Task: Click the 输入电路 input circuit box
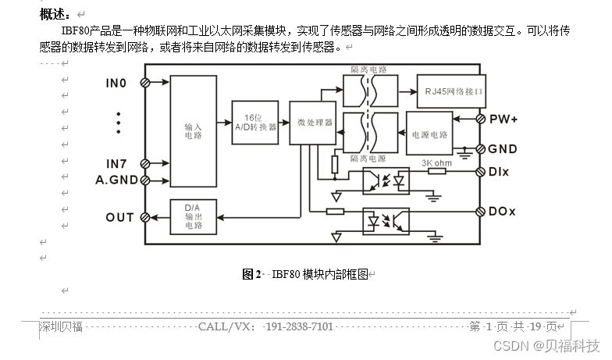[193, 130]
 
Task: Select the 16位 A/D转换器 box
[255, 123]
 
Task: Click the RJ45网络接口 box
[450, 91]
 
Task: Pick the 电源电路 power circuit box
[429, 134]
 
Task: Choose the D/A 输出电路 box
[192, 216]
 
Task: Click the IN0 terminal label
[116, 83]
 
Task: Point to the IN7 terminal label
[116, 163]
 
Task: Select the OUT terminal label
[119, 217]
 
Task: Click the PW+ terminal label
[503, 119]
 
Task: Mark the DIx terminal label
[500, 171]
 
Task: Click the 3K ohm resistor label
[436, 162]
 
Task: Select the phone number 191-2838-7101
[299, 326]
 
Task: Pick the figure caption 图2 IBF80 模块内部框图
[308, 274]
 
